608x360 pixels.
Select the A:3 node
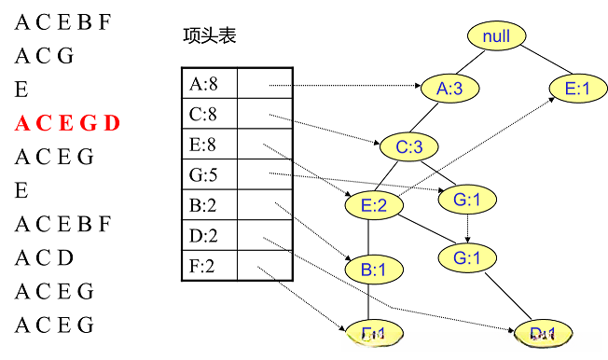pos(449,89)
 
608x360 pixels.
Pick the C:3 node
pos(408,146)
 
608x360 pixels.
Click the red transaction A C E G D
pos(67,123)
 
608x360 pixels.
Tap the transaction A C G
pos(44,56)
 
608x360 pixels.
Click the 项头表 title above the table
pos(210,36)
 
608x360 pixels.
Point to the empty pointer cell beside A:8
pos(266,85)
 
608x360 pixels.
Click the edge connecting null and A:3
pos(475,62)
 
